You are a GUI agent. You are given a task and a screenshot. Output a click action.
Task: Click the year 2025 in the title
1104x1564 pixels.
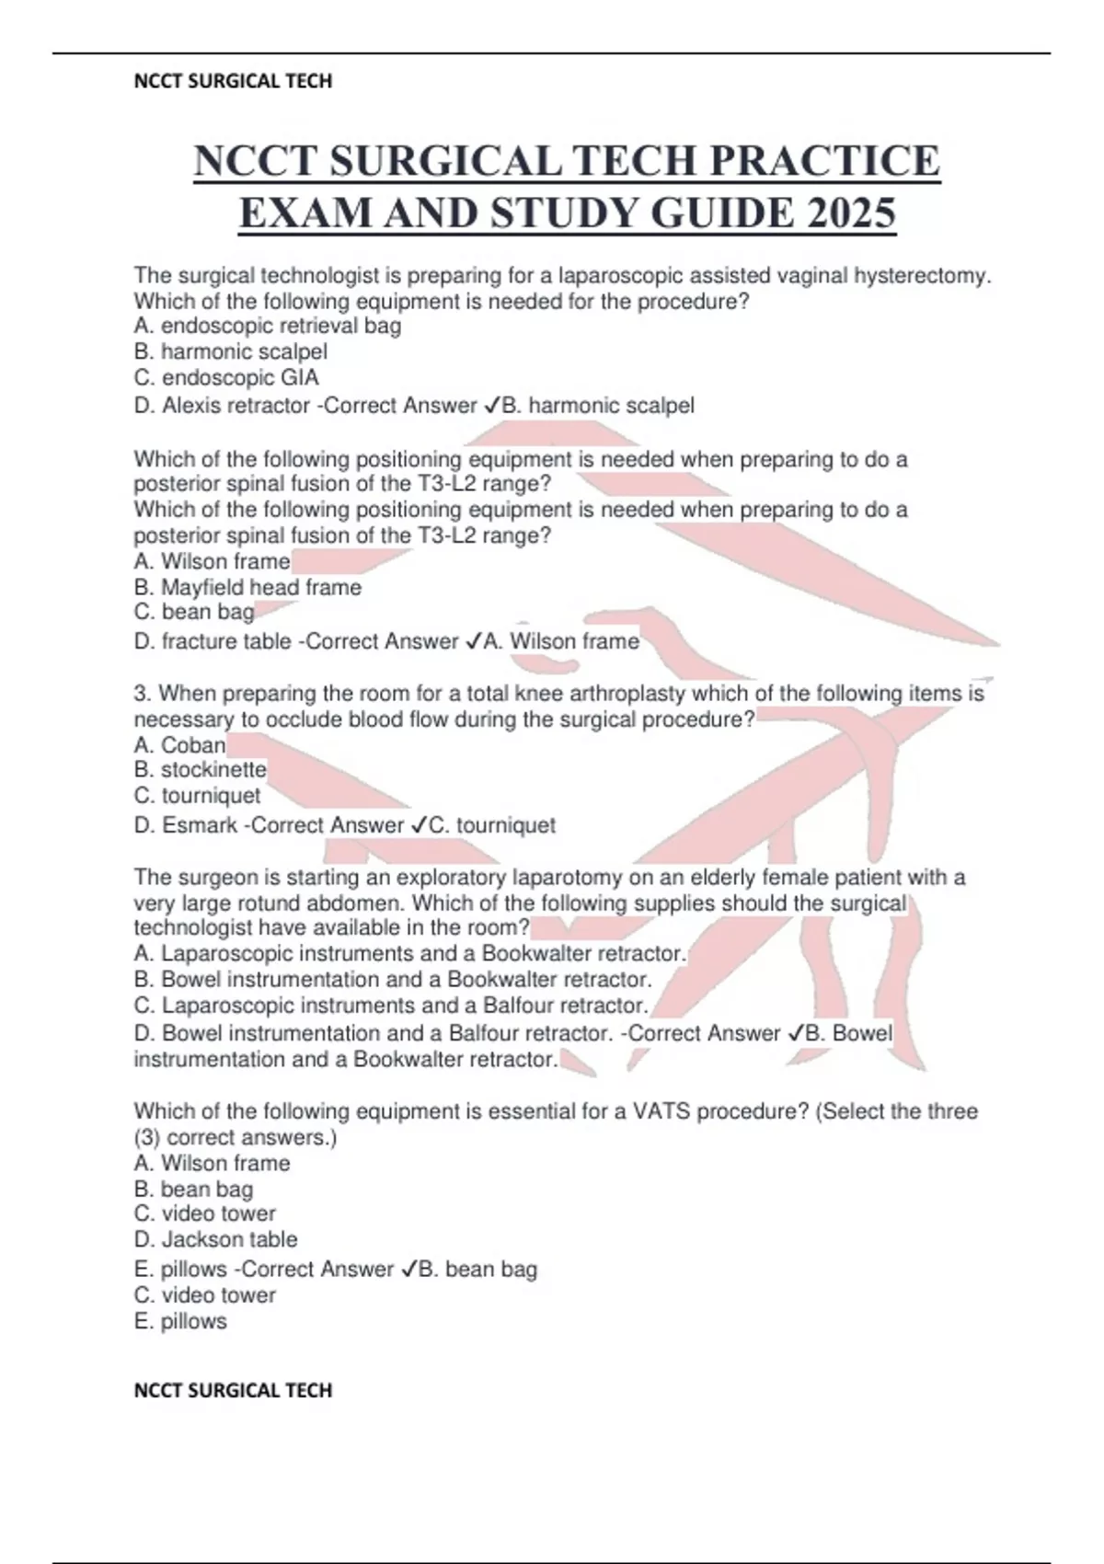[x=852, y=213]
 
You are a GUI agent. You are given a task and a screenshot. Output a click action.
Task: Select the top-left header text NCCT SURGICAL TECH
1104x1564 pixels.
[x=233, y=81]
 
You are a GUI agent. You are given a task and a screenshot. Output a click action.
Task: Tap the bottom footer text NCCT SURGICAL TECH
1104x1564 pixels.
[x=233, y=1390]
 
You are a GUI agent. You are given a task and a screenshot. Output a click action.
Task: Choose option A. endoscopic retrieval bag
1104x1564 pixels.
[x=267, y=326]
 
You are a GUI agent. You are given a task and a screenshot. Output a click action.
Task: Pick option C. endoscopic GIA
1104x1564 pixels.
[x=226, y=377]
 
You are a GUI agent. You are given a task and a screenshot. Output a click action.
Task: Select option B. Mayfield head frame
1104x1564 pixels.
[x=247, y=587]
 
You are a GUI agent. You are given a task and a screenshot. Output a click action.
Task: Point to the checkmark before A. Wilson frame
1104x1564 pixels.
[x=472, y=641]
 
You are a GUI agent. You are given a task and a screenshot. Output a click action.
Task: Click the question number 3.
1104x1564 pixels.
[x=139, y=693]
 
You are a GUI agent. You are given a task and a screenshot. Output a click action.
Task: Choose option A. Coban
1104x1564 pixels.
[x=179, y=744]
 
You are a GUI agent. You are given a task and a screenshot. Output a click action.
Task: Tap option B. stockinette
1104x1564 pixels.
[x=200, y=769]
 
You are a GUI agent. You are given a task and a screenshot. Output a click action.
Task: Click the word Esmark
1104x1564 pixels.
[x=200, y=825]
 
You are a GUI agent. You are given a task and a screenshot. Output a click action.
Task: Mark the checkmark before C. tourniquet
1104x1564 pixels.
[x=419, y=825]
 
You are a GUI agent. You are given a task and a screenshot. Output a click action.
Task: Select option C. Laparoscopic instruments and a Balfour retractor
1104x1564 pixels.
[x=391, y=1005]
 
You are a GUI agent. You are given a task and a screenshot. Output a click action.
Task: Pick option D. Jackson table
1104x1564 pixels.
[x=215, y=1239]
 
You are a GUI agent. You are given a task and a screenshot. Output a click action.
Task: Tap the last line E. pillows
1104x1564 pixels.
[x=180, y=1321]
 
